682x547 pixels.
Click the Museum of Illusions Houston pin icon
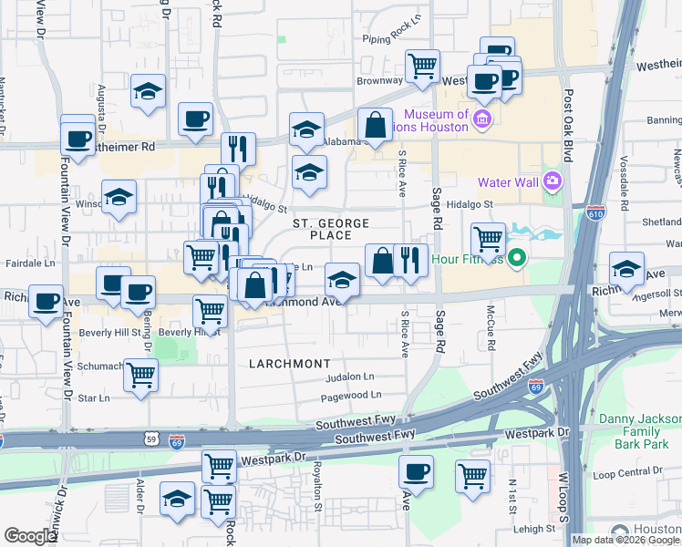point(482,119)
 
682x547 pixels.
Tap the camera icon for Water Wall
point(552,181)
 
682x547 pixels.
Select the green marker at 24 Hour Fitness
point(517,258)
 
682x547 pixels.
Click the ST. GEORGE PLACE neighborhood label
point(330,229)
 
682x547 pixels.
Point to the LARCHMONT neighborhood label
point(290,364)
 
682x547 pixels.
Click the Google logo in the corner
point(30,536)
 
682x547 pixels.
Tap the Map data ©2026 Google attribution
point(625,540)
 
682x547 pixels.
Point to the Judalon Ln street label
point(350,377)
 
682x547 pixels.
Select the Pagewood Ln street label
point(350,396)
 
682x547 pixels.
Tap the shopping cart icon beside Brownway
point(421,65)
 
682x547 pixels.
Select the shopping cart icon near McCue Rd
point(489,239)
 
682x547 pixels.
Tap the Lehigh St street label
point(536,529)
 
